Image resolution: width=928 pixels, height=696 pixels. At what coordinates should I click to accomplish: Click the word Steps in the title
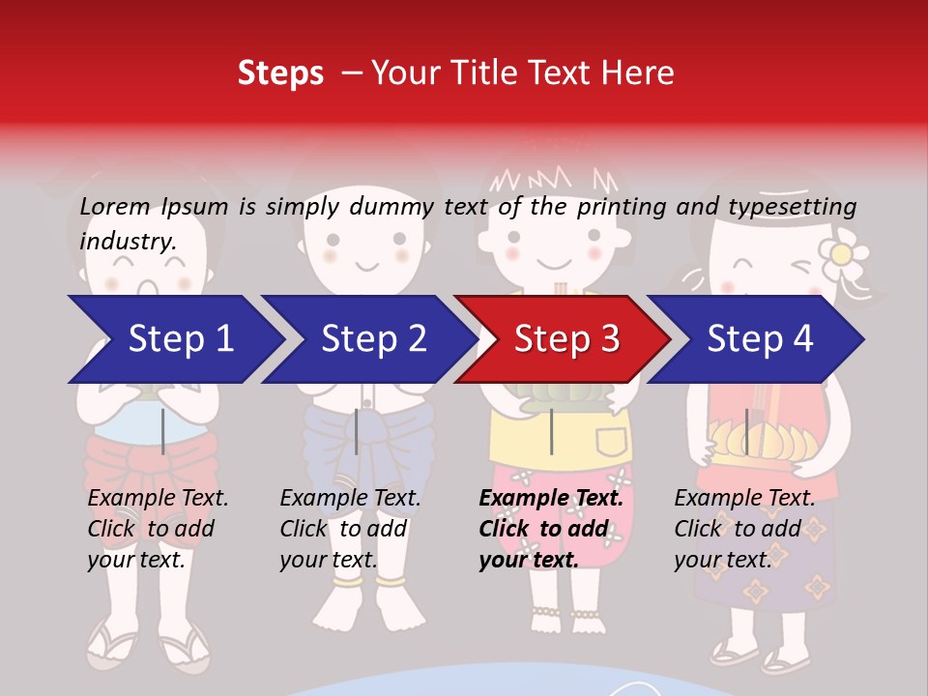pyautogui.click(x=280, y=73)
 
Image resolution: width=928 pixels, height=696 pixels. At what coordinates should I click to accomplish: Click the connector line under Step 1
pyautogui.click(x=163, y=431)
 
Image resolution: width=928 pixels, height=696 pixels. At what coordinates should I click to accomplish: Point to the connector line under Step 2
pyautogui.click(x=357, y=431)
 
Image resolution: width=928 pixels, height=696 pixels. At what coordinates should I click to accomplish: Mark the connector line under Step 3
pyautogui.click(x=551, y=431)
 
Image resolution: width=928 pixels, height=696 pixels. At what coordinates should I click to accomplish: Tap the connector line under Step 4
pyautogui.click(x=746, y=431)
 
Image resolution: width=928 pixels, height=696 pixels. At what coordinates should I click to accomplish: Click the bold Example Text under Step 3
pyautogui.click(x=551, y=528)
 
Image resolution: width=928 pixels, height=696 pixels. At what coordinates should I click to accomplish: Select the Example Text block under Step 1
pyautogui.click(x=158, y=528)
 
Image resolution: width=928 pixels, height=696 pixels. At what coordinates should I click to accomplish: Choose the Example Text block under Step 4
pyautogui.click(x=744, y=528)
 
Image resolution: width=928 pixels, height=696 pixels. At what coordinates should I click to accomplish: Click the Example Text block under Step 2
pyautogui.click(x=350, y=528)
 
